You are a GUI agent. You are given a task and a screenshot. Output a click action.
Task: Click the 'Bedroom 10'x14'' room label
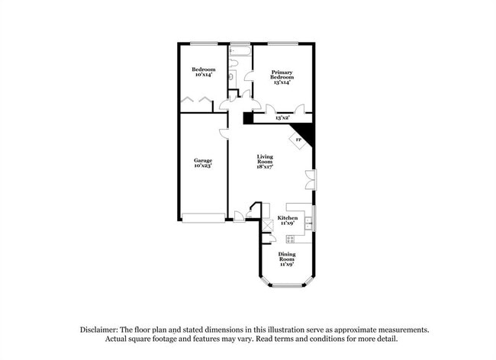(202, 72)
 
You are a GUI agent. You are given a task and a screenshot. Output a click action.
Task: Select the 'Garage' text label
(202, 162)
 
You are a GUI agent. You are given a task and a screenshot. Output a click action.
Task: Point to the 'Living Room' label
(264, 162)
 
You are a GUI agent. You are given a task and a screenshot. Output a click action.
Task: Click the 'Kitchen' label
(287, 221)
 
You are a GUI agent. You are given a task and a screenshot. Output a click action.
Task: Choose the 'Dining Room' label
(286, 257)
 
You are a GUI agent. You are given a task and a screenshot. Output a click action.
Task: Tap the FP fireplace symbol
(299, 140)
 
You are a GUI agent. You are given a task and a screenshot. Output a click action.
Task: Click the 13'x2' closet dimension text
(282, 118)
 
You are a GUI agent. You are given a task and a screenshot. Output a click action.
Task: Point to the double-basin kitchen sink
(308, 223)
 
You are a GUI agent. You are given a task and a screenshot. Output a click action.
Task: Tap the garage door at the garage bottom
(203, 218)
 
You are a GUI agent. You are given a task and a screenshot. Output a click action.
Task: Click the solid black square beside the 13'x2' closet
(248, 118)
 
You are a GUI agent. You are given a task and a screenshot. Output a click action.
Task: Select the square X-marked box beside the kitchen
(267, 225)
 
